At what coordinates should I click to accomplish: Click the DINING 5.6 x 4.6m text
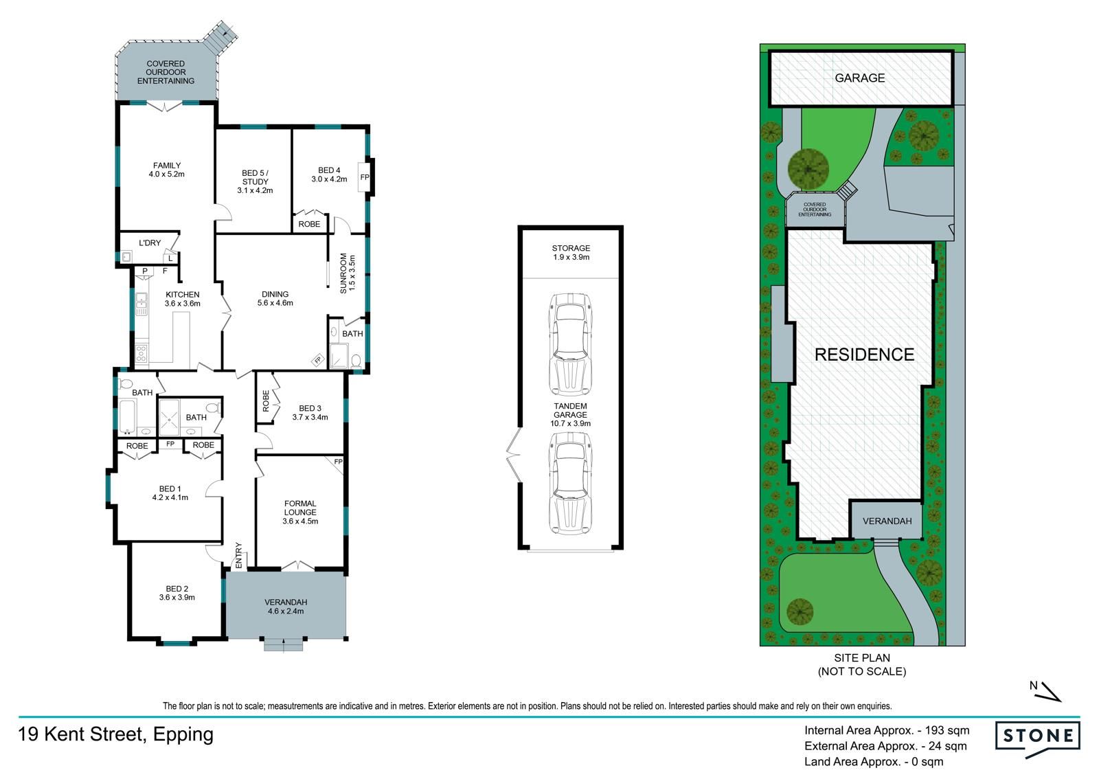(275, 298)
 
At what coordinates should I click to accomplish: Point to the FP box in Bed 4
(365, 178)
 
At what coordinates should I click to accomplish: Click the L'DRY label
(150, 243)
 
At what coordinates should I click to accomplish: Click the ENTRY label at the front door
(239, 555)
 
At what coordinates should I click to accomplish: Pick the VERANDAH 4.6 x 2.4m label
(286, 607)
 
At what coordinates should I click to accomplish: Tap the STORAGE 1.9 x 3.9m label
(571, 252)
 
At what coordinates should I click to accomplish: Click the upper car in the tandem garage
(570, 345)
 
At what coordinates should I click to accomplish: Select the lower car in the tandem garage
(570, 483)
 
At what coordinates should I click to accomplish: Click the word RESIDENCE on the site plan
(865, 354)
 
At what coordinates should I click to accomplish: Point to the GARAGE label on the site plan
(860, 78)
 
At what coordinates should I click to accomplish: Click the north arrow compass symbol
(1045, 690)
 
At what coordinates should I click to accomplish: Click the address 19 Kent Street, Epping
(116, 734)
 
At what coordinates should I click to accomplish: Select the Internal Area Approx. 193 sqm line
(887, 730)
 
